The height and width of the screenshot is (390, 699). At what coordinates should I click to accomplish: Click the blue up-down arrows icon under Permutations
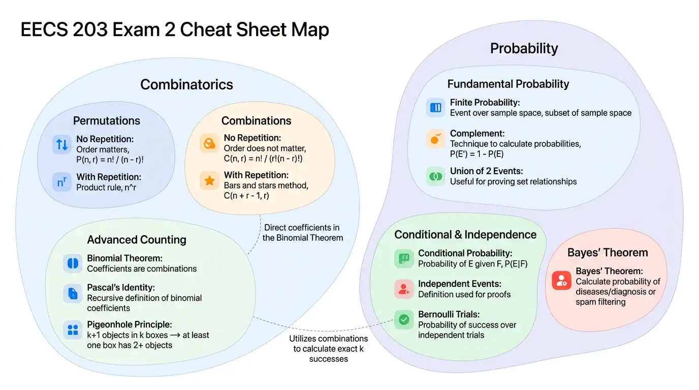[x=62, y=144]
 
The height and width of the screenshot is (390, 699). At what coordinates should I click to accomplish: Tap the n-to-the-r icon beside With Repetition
[x=62, y=182]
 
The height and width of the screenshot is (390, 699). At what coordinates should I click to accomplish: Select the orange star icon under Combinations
[x=209, y=180]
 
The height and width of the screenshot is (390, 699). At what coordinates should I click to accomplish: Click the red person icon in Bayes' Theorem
[x=561, y=280]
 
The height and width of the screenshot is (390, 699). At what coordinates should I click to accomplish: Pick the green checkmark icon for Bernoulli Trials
[x=404, y=319]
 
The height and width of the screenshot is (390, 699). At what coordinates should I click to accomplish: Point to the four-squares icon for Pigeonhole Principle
[x=73, y=330]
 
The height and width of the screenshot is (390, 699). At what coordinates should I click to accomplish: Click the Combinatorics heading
[x=186, y=85]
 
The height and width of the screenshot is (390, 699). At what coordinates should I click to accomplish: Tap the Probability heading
[x=524, y=48]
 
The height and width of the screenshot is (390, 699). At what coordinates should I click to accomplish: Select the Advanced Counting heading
[x=137, y=240]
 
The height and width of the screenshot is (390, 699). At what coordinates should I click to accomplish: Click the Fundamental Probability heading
[x=508, y=84]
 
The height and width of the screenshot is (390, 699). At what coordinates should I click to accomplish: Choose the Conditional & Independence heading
[x=465, y=235]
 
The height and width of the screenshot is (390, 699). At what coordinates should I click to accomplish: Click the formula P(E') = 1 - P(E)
[x=476, y=154]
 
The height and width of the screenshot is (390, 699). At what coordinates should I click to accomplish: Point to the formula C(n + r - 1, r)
[x=246, y=196]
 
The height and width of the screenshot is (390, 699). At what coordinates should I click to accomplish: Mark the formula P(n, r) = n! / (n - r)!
[x=110, y=159]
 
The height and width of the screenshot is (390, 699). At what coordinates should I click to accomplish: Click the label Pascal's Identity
[x=121, y=287]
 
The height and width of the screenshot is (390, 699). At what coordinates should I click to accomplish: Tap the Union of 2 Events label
[x=486, y=171]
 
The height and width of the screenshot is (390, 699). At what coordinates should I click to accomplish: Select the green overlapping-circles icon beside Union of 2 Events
[x=436, y=177]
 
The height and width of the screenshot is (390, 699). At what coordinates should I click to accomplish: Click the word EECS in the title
[x=44, y=29]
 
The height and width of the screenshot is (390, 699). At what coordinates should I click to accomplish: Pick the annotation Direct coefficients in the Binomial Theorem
[x=302, y=233]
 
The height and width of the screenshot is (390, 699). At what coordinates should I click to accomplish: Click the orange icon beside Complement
[x=436, y=139]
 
